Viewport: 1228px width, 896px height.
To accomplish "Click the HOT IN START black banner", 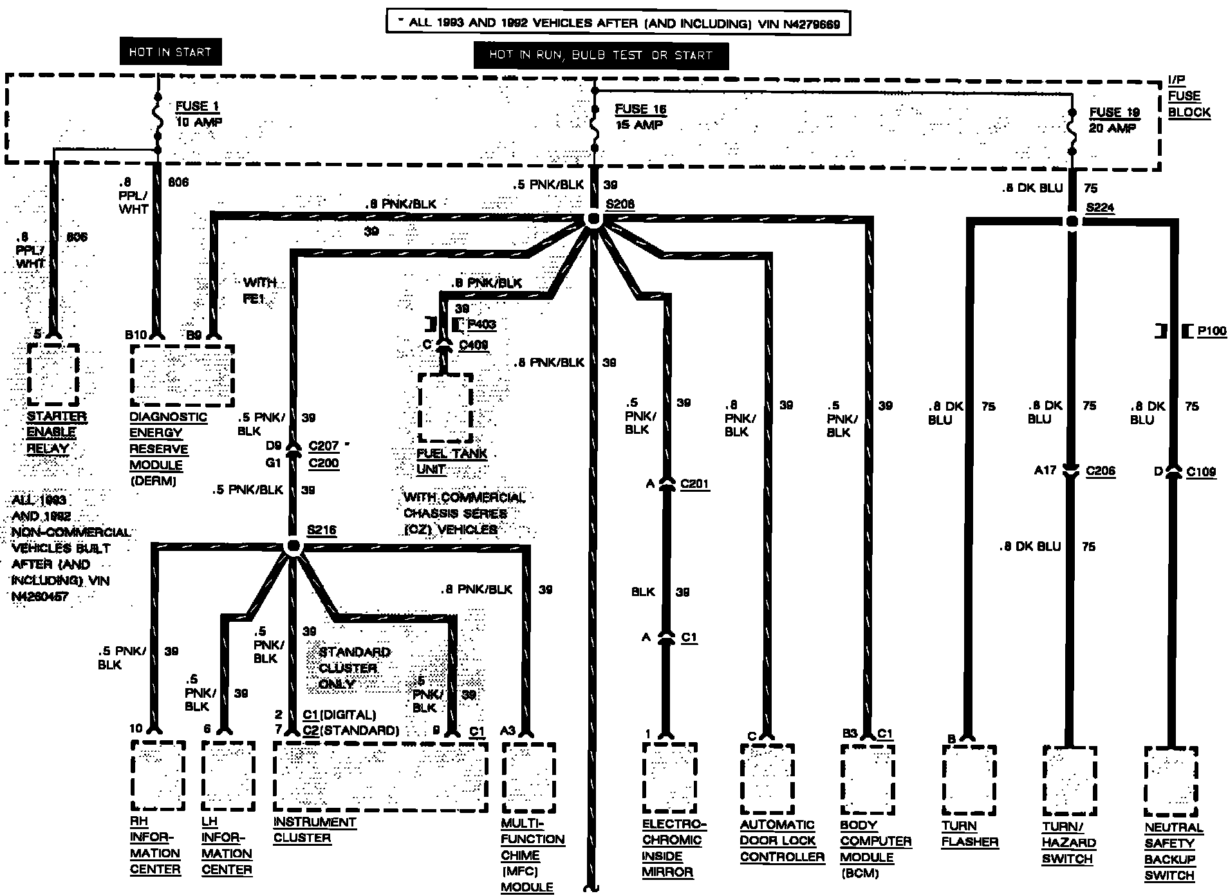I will [170, 52].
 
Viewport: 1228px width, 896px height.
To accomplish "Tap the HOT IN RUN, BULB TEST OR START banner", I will [600, 55].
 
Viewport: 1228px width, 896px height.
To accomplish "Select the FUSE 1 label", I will [193, 106].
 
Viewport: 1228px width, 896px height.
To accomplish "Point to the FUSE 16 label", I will [640, 109].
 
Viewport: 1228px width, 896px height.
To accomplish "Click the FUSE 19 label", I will [1115, 113].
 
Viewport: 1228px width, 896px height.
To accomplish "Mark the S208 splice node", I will [593, 220].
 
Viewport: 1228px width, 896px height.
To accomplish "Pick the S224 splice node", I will [1072, 221].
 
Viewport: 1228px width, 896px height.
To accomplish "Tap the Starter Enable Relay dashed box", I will [53, 374].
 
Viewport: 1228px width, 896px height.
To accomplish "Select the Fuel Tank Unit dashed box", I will [445, 407].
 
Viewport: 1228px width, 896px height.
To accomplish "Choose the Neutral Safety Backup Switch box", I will [1171, 780].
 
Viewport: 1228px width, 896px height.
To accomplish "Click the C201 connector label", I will [694, 483].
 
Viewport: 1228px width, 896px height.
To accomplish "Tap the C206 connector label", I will [1101, 471].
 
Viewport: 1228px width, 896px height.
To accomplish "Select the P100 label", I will [1211, 331].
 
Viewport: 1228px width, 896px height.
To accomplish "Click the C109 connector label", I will [1201, 472].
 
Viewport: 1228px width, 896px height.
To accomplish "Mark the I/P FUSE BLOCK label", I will [1189, 96].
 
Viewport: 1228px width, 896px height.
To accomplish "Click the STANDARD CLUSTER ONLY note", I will [353, 667].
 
